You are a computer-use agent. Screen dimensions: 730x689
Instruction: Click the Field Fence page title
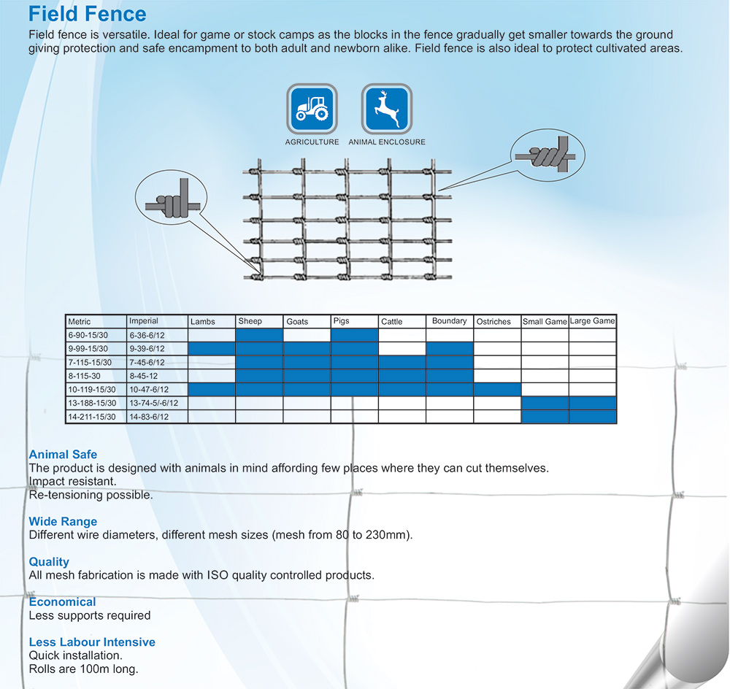88,13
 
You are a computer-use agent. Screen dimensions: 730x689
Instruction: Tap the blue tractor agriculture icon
312,109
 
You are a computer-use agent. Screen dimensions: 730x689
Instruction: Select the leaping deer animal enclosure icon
387,109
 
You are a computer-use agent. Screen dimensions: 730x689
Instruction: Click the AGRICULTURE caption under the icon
312,142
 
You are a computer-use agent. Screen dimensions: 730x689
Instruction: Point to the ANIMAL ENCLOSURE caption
387,142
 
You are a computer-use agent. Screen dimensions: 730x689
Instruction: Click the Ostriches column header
493,322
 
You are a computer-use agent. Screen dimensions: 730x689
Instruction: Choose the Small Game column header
545,322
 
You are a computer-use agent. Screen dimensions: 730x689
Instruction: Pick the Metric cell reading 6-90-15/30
88,335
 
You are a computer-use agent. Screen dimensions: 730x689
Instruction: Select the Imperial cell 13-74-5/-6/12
153,403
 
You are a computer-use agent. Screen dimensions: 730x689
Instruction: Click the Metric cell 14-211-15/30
92,417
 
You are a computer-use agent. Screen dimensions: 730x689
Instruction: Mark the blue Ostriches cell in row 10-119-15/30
497,389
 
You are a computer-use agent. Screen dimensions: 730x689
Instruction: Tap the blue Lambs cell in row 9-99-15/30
212,349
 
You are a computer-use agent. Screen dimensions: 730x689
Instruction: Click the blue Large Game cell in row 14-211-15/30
593,417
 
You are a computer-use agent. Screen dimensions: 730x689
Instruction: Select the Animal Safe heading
63,455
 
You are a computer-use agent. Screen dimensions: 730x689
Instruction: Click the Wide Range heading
63,521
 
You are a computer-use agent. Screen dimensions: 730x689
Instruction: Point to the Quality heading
49,562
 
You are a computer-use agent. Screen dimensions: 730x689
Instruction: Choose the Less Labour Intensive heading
92,642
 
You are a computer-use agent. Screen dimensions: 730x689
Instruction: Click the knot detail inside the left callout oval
173,200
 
